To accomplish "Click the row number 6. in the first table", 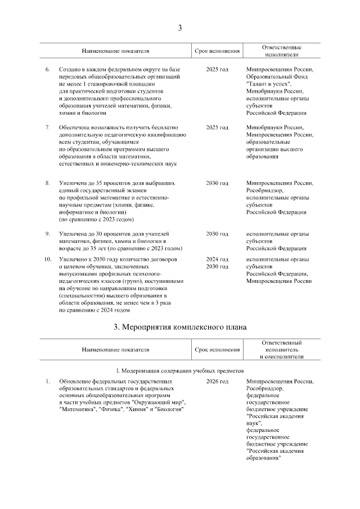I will coord(47,69).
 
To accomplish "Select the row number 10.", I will coord(48,259).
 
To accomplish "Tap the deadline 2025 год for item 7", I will coord(217,128).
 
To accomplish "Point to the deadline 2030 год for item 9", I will coord(217,233).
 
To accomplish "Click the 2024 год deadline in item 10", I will coord(217,259).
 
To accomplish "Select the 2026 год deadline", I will coord(217,382).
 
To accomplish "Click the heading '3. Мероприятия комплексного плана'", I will coord(180,327).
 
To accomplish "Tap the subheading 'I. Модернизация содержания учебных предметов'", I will coord(180,371).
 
